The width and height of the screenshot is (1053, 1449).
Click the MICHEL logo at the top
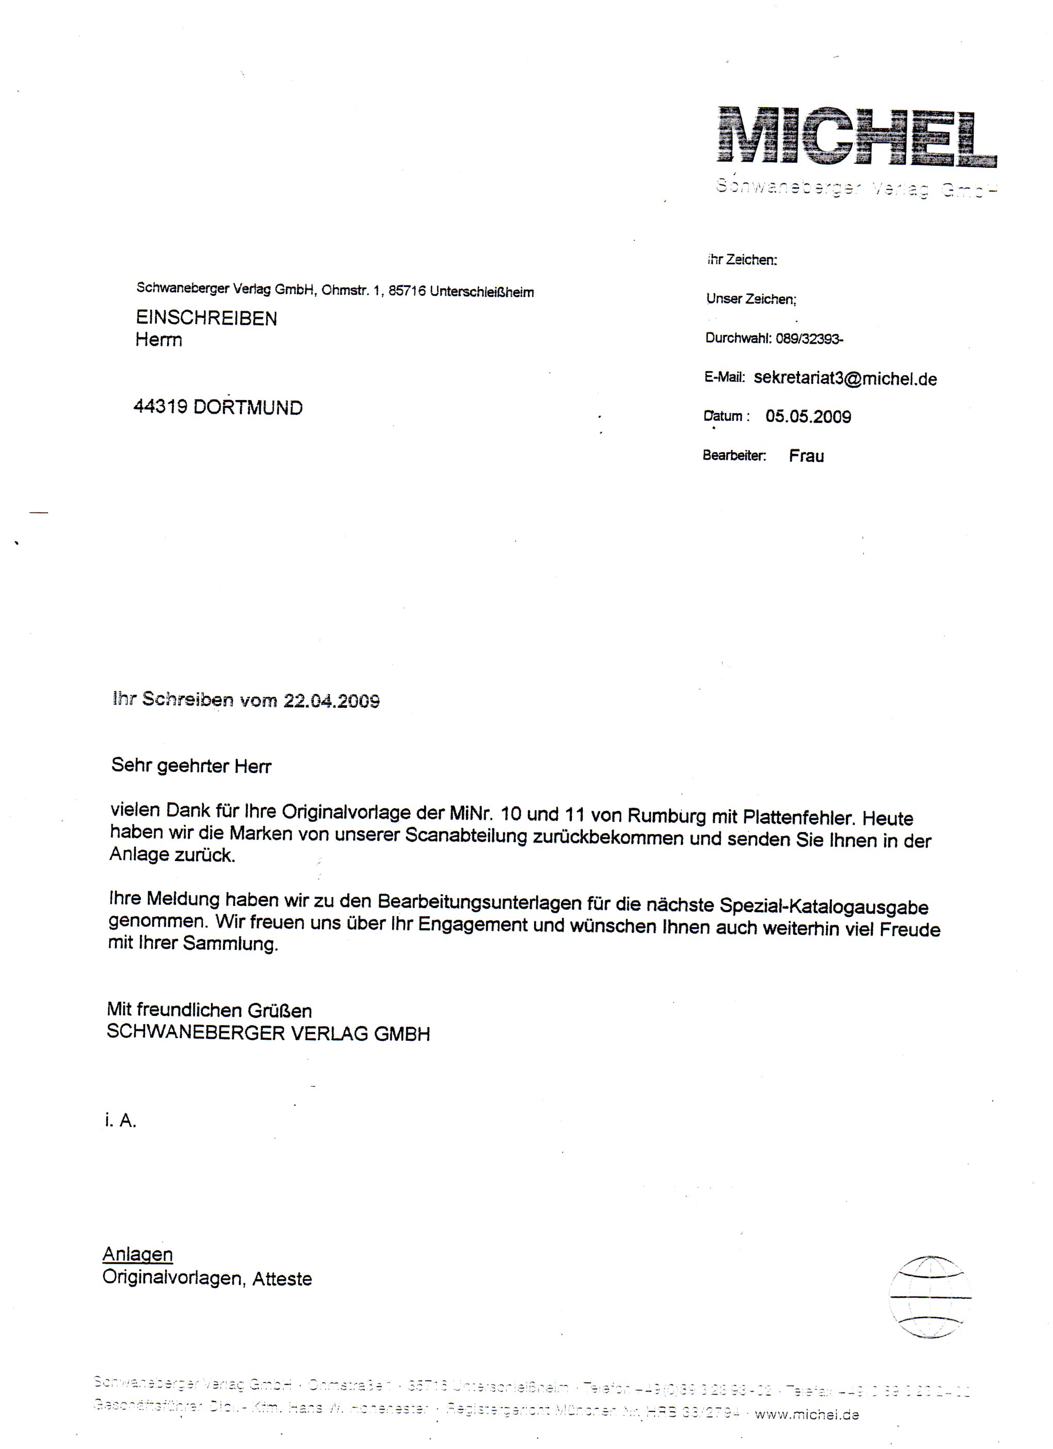(856, 137)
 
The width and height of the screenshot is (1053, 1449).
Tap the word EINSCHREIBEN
(206, 318)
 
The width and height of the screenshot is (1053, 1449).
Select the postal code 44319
(159, 406)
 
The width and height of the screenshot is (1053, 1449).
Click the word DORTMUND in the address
(248, 408)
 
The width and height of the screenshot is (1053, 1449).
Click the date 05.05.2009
(808, 417)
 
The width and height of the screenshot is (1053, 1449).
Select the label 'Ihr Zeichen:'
(742, 260)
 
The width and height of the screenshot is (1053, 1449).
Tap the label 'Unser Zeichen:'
(751, 299)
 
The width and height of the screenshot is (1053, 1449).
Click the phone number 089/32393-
(809, 339)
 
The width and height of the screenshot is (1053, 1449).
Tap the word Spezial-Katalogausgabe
(824, 906)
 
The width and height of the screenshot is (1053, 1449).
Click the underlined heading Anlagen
(137, 1254)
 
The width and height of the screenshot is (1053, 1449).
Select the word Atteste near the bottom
(282, 1279)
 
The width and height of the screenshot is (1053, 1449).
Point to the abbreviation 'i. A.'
(121, 1121)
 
